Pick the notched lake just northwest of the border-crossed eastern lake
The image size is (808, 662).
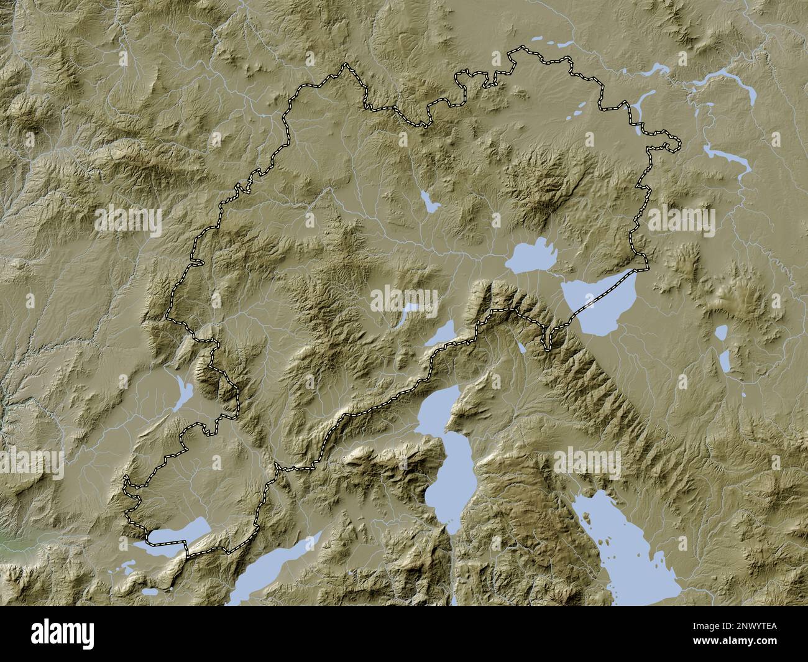click(530, 256)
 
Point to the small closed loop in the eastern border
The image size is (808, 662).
click(671, 147)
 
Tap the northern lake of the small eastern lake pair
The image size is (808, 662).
click(721, 333)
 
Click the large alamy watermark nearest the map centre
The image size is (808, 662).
click(404, 299)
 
